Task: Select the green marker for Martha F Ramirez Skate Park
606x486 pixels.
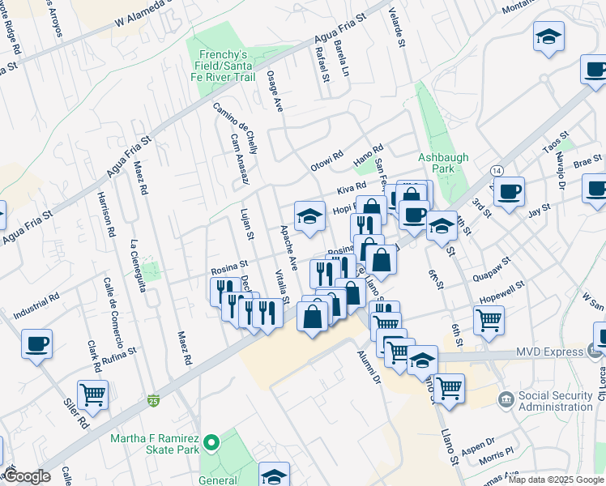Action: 211,442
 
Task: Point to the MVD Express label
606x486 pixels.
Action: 548,352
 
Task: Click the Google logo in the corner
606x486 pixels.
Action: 27,476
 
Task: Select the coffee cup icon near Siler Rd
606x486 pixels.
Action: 37,343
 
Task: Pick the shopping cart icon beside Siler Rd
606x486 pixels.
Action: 93,394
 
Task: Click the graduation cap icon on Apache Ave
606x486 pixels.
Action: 309,216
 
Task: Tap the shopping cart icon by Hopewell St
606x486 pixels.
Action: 489,320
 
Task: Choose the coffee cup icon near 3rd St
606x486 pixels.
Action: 509,192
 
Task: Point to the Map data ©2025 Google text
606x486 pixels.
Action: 556,480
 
